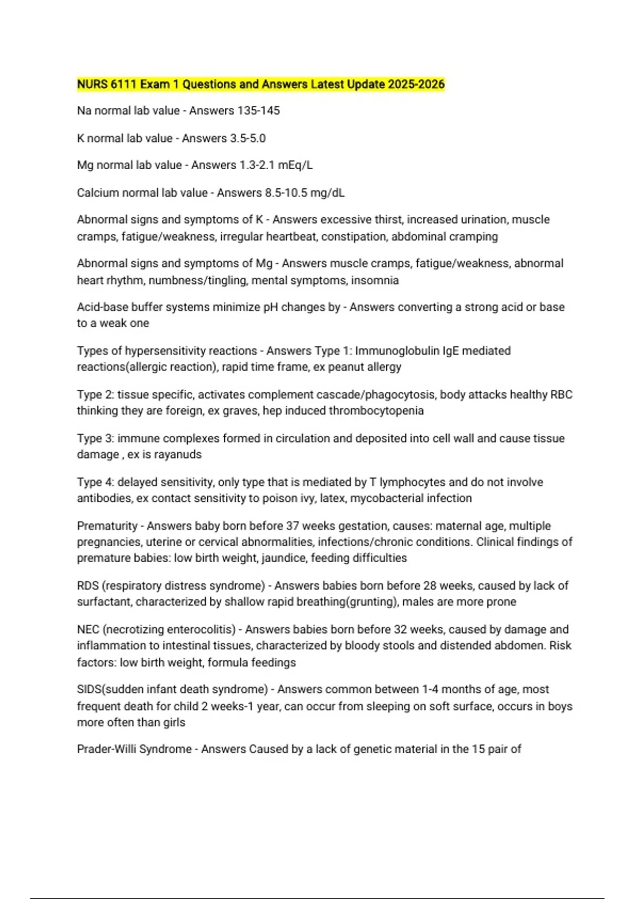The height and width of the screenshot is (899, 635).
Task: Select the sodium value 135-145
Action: [259, 111]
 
